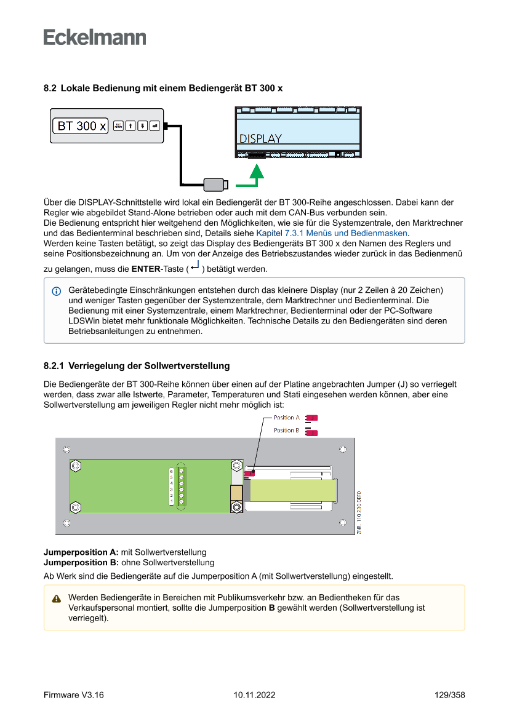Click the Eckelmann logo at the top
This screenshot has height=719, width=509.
click(95, 38)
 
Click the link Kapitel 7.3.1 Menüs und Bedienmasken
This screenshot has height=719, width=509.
click(332, 234)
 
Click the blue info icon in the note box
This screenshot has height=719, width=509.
click(57, 290)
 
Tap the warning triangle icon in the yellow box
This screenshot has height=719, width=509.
click(57, 598)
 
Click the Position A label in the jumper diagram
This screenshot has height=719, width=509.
click(287, 418)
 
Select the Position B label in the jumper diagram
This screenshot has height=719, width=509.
click(286, 431)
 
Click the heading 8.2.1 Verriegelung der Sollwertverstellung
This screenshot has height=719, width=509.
click(137, 366)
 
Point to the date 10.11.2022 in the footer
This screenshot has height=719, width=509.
click(254, 696)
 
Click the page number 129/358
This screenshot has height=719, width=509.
click(449, 696)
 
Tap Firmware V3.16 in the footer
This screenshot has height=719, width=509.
click(74, 696)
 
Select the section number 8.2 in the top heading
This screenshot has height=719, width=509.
click(50, 88)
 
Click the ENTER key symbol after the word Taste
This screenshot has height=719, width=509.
click(194, 267)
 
